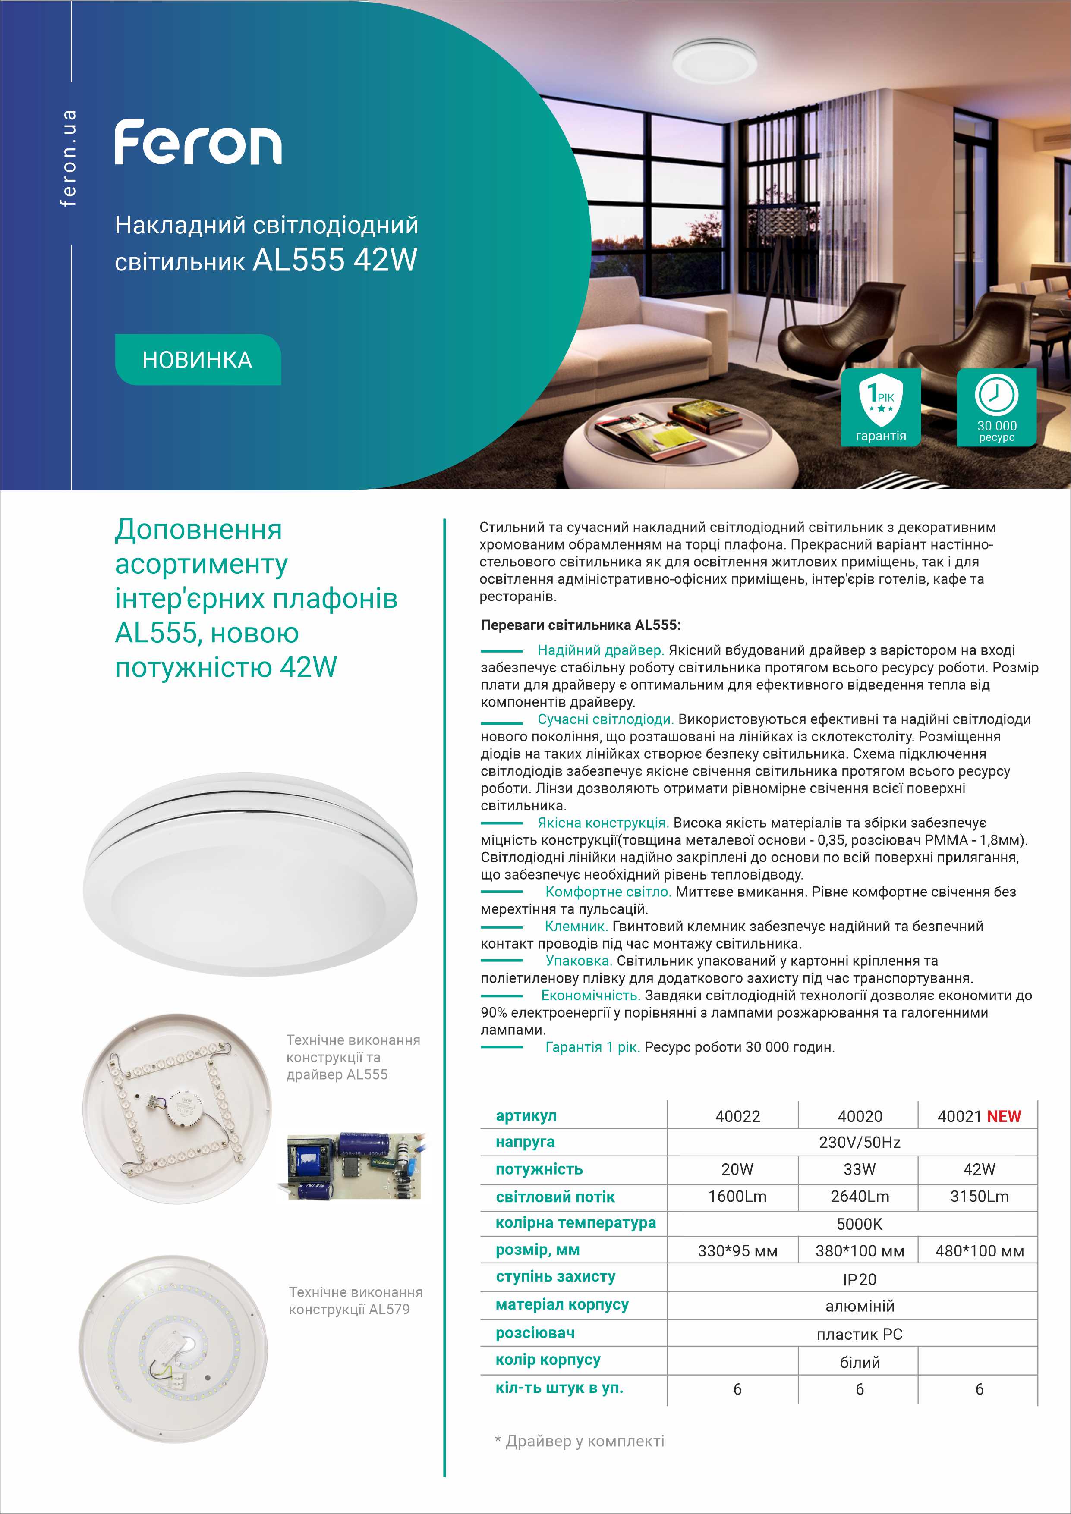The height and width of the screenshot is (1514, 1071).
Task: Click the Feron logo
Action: (x=198, y=142)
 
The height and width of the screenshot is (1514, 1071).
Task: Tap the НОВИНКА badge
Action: (x=198, y=359)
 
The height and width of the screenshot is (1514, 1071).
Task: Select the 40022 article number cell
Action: (x=737, y=1116)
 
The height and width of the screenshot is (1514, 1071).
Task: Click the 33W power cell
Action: (x=859, y=1169)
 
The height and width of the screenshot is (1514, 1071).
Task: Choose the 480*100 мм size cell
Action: (x=980, y=1251)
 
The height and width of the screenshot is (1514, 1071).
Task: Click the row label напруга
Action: (x=525, y=1141)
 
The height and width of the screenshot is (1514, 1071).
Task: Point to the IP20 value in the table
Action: (x=859, y=1279)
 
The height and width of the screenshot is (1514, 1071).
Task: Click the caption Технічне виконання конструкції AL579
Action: (x=355, y=1300)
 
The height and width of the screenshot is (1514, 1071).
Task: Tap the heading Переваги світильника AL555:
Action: (x=580, y=625)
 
